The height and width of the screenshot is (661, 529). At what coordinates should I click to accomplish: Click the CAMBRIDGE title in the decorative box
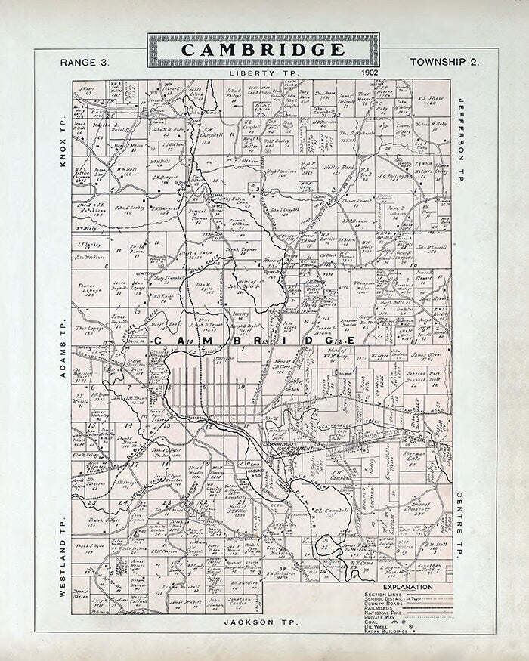click(x=261, y=51)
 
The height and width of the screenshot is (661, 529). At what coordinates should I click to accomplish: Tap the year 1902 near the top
click(x=370, y=73)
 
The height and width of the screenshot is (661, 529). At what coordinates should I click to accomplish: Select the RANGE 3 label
click(x=85, y=62)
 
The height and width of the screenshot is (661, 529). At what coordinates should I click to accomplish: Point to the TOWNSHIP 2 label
click(x=444, y=62)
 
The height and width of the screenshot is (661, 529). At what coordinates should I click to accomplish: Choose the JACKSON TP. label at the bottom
click(x=261, y=622)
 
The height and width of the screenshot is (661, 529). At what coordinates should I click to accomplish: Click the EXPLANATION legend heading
click(x=408, y=587)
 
